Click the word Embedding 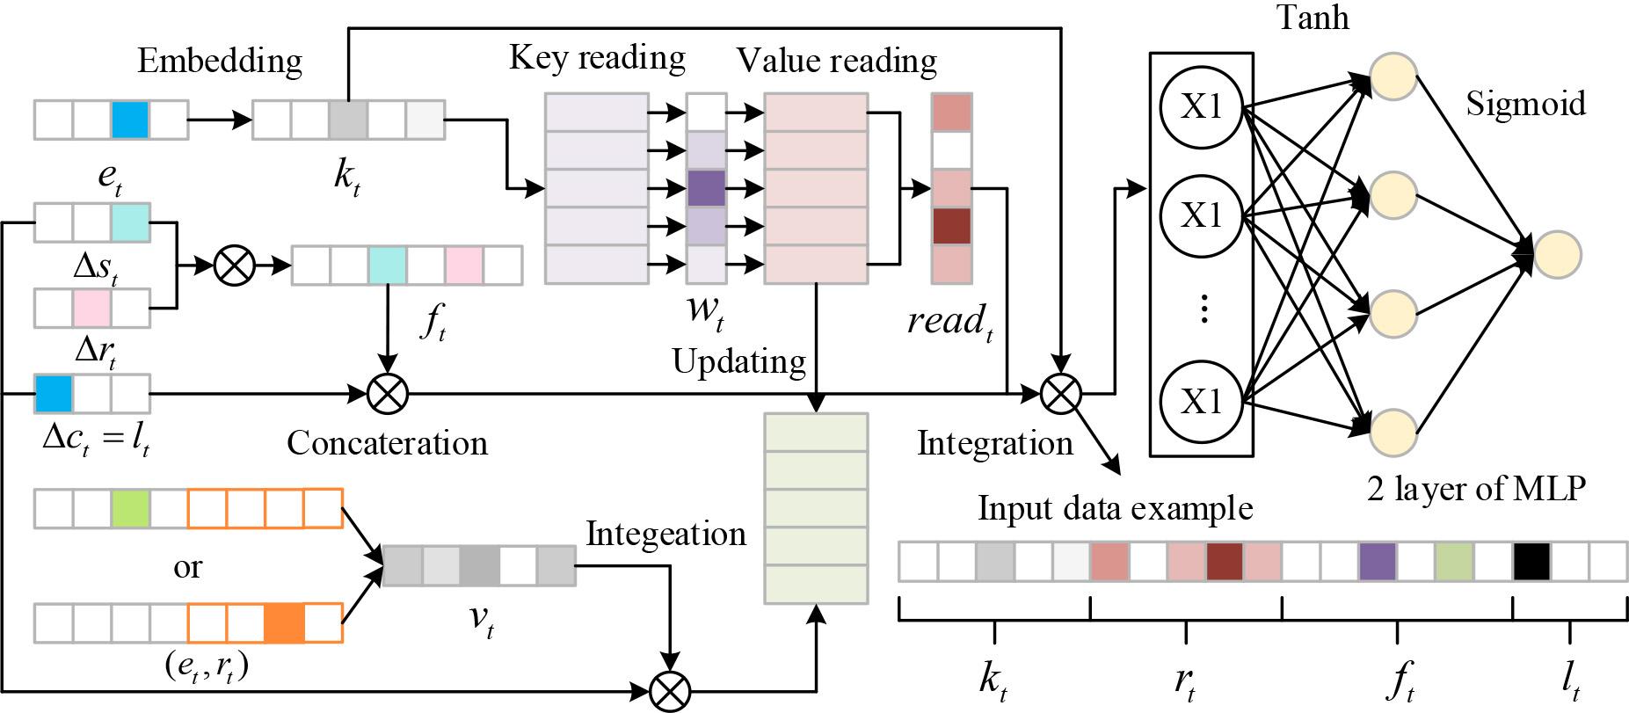(220, 62)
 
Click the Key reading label (597, 58)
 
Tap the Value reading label (836, 61)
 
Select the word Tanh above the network (1313, 17)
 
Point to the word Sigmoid (1526, 104)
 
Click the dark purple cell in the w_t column (706, 188)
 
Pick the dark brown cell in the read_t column (950, 226)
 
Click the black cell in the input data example (1531, 562)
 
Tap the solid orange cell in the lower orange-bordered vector (284, 622)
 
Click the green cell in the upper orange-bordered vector (131, 509)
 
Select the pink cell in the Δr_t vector (91, 309)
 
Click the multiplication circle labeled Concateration (387, 393)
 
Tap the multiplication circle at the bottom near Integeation (670, 690)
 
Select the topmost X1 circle (1201, 108)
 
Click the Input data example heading (1115, 508)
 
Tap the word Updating (738, 360)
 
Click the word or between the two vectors (186, 567)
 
